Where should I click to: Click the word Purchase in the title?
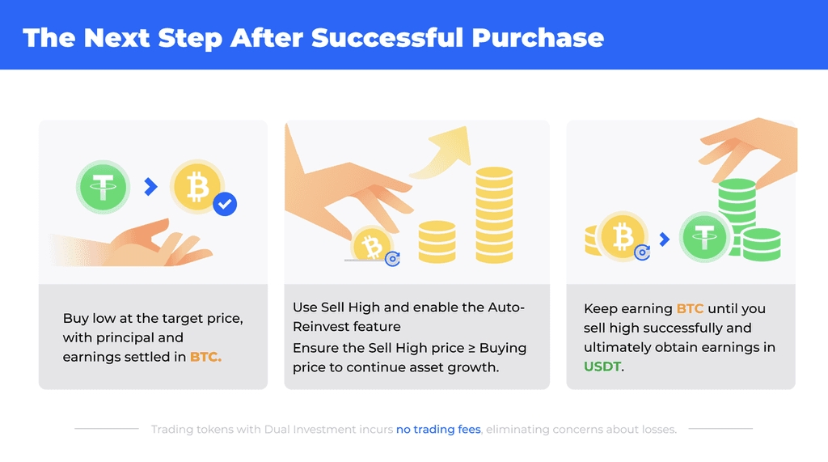coord(538,38)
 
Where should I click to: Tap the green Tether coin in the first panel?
coord(103,187)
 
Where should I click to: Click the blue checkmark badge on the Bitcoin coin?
coord(225,204)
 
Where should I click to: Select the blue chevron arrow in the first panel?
coord(151,187)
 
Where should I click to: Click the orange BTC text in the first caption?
coord(205,357)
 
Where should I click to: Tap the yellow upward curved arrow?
coord(442,152)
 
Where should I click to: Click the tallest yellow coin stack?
coord(494,214)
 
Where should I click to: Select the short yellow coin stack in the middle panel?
coord(437,242)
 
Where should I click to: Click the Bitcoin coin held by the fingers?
coord(372,244)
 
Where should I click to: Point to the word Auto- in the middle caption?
coord(506,307)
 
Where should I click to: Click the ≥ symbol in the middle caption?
coord(471,349)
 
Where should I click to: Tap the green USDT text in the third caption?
coord(602,367)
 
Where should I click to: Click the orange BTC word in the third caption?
coord(690,309)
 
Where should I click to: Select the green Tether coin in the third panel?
coord(704,237)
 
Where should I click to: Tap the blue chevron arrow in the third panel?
coord(665,239)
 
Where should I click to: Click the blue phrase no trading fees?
coord(438,429)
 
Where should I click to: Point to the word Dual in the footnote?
coord(277,429)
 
